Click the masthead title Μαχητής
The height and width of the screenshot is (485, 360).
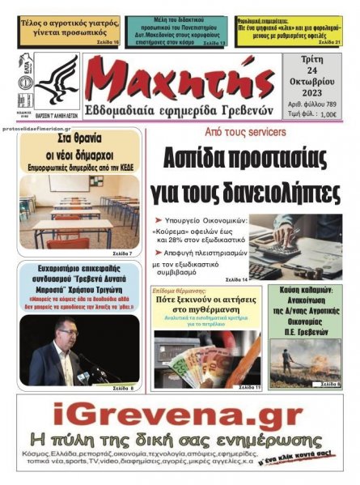[179, 80]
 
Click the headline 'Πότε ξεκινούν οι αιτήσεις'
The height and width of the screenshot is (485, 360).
[207, 301]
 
